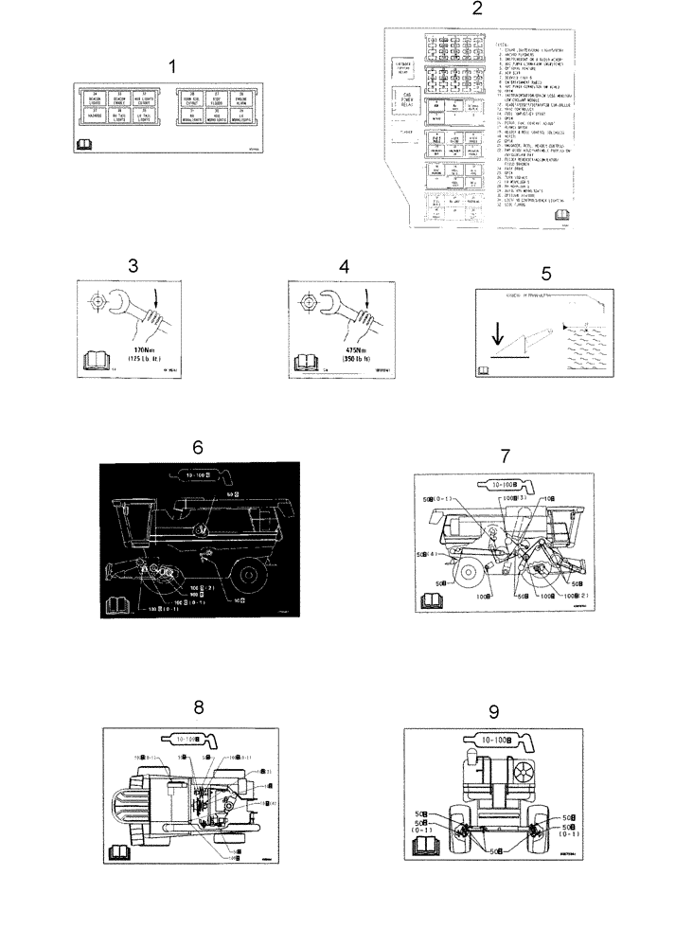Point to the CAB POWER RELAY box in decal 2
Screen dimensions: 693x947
click(x=407, y=99)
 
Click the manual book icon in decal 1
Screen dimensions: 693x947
click(x=81, y=145)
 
